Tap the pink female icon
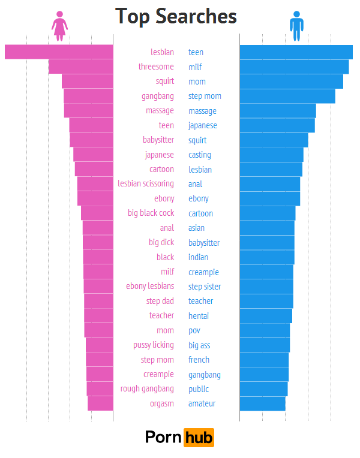pyautogui.click(x=59, y=26)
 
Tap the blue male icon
pyautogui.click(x=296, y=26)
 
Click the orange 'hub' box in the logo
pyautogui.click(x=199, y=438)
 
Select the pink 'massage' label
pyautogui.click(x=160, y=111)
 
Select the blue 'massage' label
pyautogui.click(x=202, y=111)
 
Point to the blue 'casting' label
pyautogui.click(x=200, y=155)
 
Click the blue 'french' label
pyautogui.click(x=199, y=360)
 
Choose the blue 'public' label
pyautogui.click(x=199, y=389)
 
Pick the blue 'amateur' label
pyautogui.click(x=202, y=403)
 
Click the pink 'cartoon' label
pyautogui.click(x=161, y=169)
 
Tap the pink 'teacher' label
pyautogui.click(x=161, y=315)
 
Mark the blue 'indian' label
pyautogui.click(x=198, y=257)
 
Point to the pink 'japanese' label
pyautogui.click(x=159, y=155)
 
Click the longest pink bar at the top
pyautogui.click(x=59, y=52)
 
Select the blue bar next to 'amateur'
pyautogui.click(x=262, y=403)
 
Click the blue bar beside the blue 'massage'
pyautogui.click(x=277, y=111)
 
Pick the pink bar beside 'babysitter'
pyautogui.click(x=91, y=140)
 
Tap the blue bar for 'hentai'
pyautogui.click(x=266, y=315)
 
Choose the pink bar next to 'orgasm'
pyautogui.click(x=100, y=403)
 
